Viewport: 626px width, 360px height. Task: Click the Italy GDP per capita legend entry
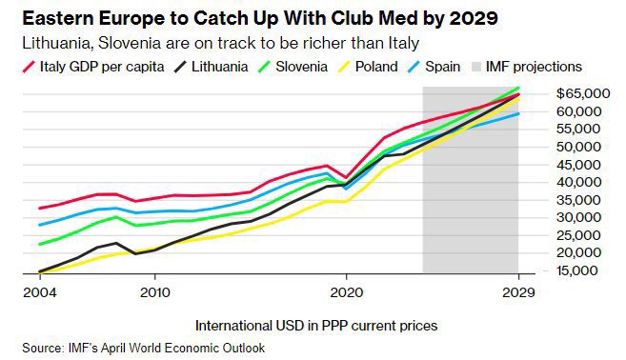click(93, 67)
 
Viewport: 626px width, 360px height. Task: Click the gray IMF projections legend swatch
click(476, 67)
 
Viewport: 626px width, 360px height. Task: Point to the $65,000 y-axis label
click(583, 93)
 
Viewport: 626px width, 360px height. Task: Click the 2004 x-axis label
click(40, 292)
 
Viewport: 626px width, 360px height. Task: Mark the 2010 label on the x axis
click(155, 292)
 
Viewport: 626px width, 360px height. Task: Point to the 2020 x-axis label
click(347, 292)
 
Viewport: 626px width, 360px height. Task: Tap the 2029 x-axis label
click(518, 292)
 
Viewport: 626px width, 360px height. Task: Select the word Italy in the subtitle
click(404, 43)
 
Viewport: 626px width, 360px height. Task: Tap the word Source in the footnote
click(43, 348)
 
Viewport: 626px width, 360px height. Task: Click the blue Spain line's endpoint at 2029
click(518, 113)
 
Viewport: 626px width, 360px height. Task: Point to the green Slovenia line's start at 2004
click(40, 244)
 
